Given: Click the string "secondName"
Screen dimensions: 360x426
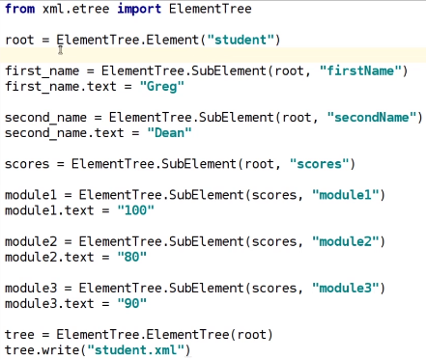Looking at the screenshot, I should pyautogui.click(x=375, y=117).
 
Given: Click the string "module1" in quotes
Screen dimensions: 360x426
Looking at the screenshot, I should pyautogui.click(x=347, y=195).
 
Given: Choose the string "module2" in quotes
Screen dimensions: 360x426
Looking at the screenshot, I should pyautogui.click(x=347, y=241).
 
